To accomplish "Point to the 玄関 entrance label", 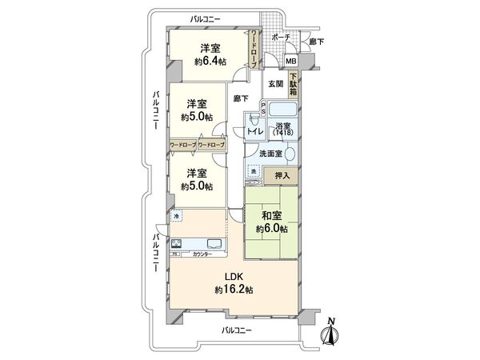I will [x=275, y=82].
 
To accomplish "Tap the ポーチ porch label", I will [x=280, y=38].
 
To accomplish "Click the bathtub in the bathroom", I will [x=282, y=110].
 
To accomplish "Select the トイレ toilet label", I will [x=254, y=130].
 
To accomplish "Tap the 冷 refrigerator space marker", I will [x=176, y=215].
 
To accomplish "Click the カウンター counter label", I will [x=202, y=254].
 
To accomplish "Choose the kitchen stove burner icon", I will [x=177, y=243].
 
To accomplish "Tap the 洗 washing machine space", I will [x=254, y=172].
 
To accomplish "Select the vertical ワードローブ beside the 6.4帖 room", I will [x=254, y=50].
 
